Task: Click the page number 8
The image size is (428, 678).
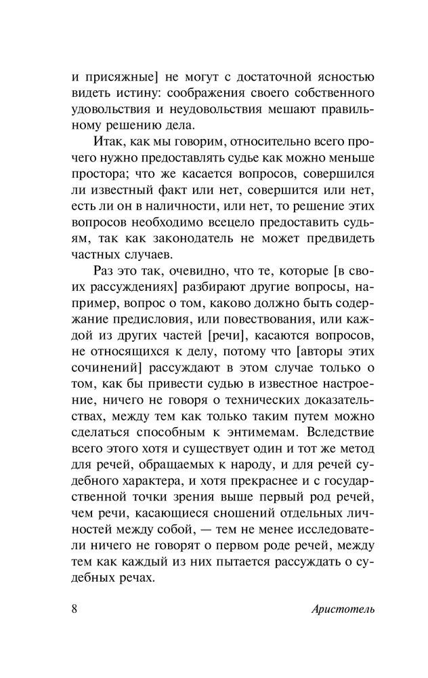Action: coord(75,607)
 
